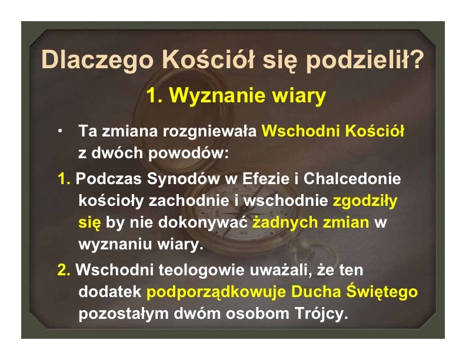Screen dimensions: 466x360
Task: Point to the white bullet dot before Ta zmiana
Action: [x=61, y=131]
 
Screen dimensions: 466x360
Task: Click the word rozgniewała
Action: [x=209, y=131]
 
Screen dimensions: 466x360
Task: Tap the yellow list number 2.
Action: [x=64, y=270]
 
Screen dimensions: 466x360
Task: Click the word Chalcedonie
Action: [x=352, y=179]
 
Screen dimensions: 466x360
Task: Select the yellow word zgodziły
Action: [x=365, y=201]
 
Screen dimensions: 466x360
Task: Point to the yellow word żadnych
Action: [x=285, y=222]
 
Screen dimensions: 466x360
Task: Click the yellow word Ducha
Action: [x=316, y=292]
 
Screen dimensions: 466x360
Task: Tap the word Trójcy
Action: [x=321, y=314]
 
